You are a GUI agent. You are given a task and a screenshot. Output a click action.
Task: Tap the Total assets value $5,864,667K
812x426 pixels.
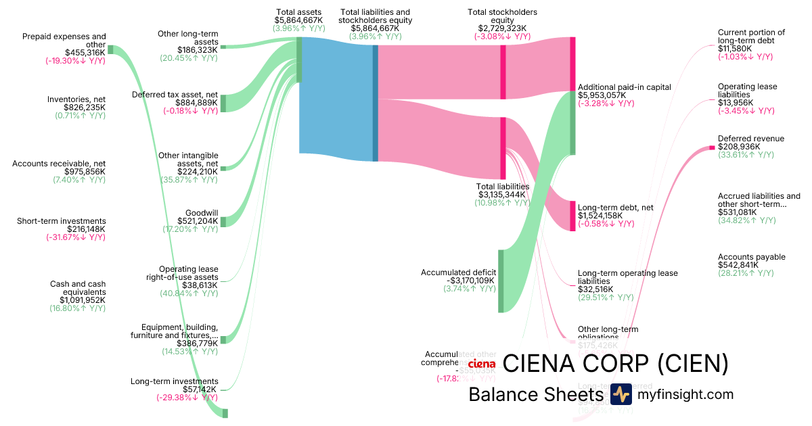299,21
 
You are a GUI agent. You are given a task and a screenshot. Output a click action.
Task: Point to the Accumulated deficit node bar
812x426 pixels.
501,281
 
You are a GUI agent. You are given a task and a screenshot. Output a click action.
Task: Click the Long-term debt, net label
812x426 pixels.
615,208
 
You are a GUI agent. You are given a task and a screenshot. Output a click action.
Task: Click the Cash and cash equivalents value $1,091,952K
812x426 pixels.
82,300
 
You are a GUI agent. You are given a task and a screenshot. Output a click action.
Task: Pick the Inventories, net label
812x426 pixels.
76,99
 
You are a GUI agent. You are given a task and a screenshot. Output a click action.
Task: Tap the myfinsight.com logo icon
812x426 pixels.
621,394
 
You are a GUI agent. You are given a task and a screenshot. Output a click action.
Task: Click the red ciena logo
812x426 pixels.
481,364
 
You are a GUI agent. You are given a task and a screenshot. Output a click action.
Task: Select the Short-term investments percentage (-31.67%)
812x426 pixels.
75,237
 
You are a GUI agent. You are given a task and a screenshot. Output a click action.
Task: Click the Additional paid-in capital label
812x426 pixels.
624,87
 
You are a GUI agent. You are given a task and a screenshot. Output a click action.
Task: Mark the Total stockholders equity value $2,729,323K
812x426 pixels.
502,28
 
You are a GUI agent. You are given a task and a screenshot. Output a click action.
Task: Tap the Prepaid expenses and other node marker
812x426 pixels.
111,49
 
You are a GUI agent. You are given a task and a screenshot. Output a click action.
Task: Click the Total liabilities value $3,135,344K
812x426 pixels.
503,195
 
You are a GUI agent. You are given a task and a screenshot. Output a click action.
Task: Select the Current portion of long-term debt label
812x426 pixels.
751,37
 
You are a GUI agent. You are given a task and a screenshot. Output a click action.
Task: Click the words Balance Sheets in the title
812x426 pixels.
535,395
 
